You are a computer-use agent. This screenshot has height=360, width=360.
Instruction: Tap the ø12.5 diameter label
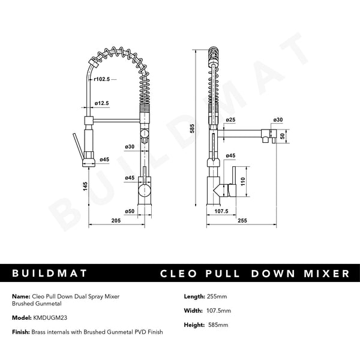click(x=102, y=103)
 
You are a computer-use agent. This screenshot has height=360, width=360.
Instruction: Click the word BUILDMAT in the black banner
click(x=50, y=274)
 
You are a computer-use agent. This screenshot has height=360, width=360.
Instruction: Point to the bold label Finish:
click(x=20, y=332)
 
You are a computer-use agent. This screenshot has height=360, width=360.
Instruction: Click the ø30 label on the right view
click(x=278, y=120)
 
